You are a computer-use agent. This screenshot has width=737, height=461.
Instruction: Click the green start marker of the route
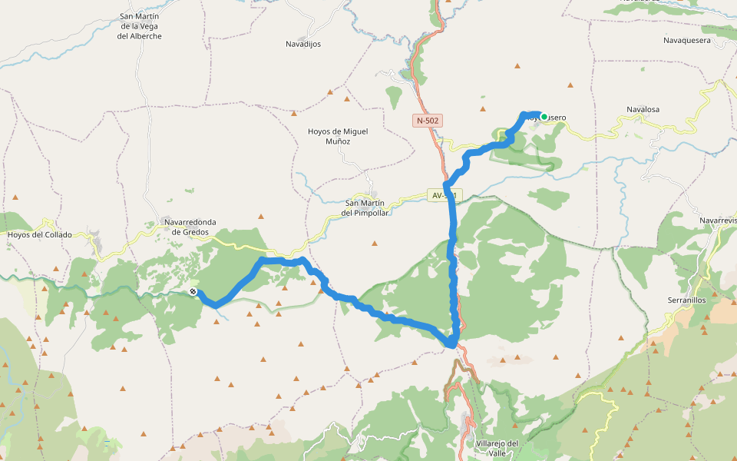544,117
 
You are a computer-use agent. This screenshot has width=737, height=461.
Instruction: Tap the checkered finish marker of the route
193,291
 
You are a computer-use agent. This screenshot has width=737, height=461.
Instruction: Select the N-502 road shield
428,121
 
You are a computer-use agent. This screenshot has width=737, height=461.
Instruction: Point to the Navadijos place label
303,44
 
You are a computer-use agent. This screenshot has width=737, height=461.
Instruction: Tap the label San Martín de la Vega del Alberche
140,26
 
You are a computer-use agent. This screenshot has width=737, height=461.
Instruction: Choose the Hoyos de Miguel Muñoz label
338,136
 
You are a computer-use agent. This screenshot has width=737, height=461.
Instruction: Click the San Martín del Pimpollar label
365,207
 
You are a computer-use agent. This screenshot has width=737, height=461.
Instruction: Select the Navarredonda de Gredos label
190,227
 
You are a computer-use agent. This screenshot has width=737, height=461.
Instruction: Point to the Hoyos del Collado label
39,234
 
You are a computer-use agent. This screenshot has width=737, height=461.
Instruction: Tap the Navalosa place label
643,110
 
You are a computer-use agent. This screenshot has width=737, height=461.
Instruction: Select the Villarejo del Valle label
497,448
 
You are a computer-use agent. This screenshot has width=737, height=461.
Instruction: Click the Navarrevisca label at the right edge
718,221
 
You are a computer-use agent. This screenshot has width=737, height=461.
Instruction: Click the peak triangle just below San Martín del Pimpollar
375,244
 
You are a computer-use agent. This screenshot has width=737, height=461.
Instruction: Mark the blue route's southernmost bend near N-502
452,343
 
